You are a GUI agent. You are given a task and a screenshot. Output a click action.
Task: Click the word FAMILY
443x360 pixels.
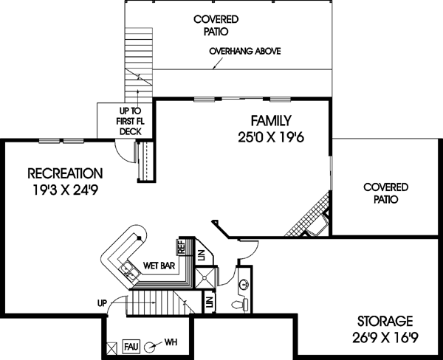pos(270,120)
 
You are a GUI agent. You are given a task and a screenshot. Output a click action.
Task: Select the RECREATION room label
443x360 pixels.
pos(65,173)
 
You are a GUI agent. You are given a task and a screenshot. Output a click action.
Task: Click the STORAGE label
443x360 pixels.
pos(385,322)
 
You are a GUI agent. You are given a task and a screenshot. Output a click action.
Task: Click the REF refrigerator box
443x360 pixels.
pos(181,246)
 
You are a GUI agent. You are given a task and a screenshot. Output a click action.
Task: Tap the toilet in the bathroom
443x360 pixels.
pos(236,302)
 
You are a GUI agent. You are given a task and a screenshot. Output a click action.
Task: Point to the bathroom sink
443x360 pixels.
pos(244,283)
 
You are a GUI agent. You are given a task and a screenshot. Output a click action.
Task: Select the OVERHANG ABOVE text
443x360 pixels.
pos(244,52)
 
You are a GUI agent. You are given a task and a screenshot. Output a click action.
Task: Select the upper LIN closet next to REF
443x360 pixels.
pos(201,254)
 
